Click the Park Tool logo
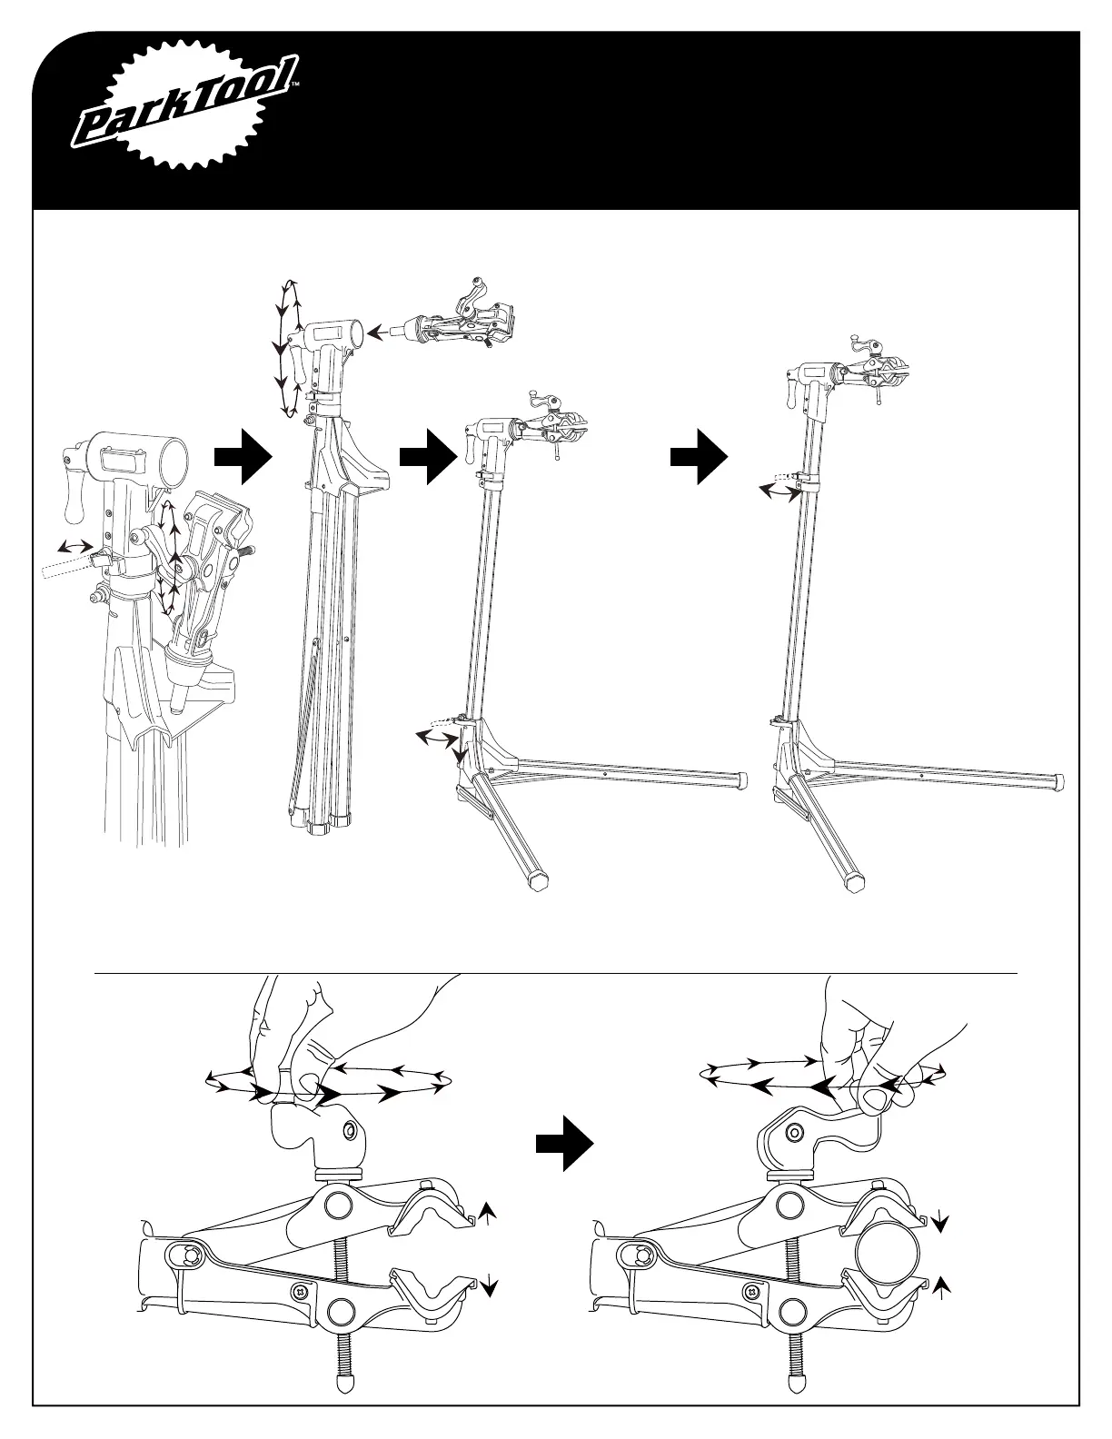click(x=185, y=113)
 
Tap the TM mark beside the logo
click(x=295, y=87)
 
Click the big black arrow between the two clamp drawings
click(x=563, y=1146)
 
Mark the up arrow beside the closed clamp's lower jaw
click(x=942, y=1283)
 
